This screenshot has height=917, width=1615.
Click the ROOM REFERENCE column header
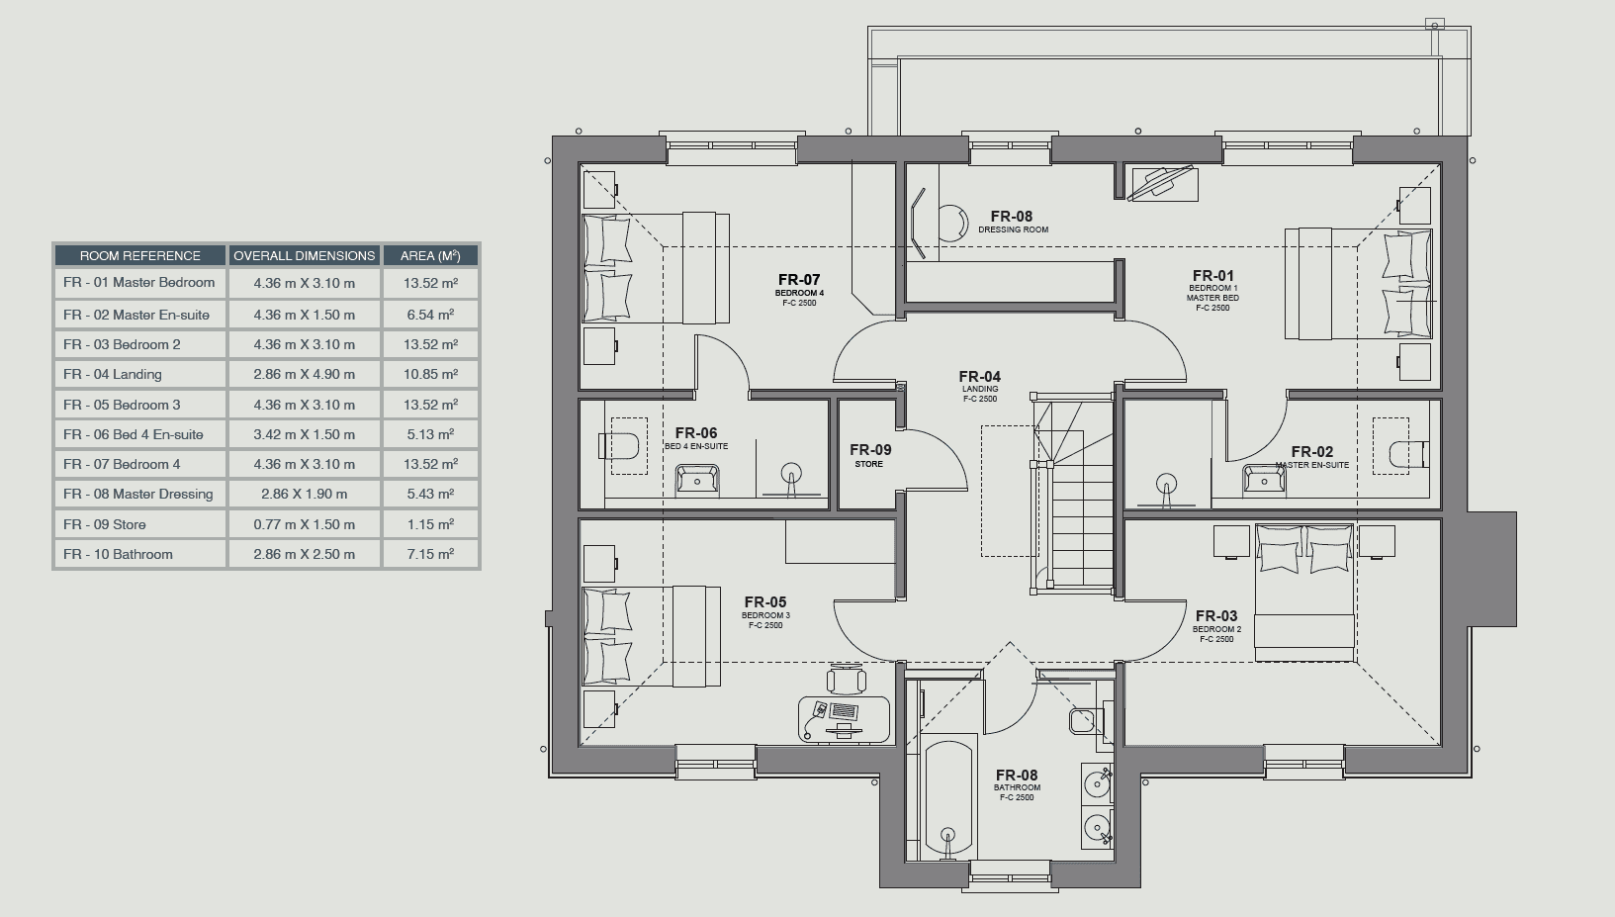pyautogui.click(x=139, y=255)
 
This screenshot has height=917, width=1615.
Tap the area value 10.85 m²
pyautogui.click(x=430, y=374)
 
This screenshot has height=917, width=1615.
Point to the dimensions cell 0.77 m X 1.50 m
pyautogui.click(x=305, y=524)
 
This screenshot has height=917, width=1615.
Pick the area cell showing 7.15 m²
pyautogui.click(x=430, y=554)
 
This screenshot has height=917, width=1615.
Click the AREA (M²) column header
pyautogui.click(x=430, y=255)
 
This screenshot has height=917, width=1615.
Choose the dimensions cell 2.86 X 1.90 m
pyautogui.click(x=305, y=494)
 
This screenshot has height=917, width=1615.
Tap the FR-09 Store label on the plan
pyautogui.click(x=870, y=455)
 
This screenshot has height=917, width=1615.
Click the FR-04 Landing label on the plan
pyautogui.click(x=980, y=386)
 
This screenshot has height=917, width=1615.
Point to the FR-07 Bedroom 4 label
pyautogui.click(x=799, y=289)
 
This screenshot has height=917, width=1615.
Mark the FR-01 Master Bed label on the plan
pyautogui.click(x=1213, y=290)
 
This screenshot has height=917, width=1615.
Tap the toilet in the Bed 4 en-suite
pyautogui.click(x=618, y=445)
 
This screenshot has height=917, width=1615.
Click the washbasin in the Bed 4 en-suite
pyautogui.click(x=696, y=479)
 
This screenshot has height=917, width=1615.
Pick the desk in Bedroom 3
pyautogui.click(x=844, y=718)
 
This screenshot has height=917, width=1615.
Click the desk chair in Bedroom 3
pyautogui.click(x=847, y=680)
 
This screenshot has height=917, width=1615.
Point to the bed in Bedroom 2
pyautogui.click(x=1303, y=592)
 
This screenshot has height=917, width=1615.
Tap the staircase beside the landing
pyautogui.click(x=1074, y=494)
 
